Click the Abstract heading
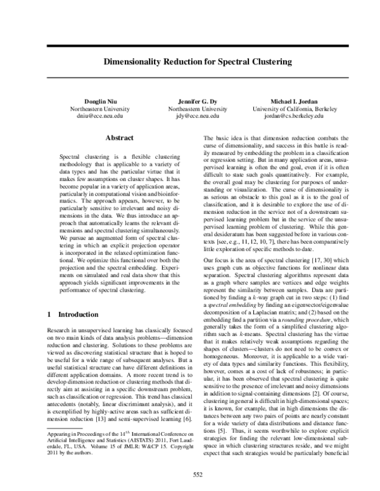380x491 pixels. [x=118, y=137]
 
